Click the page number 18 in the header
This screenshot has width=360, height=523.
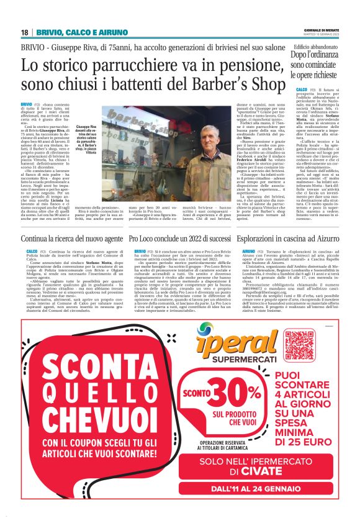pyautogui.click(x=25, y=32)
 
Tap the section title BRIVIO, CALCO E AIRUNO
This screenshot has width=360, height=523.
pyautogui.click(x=81, y=32)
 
